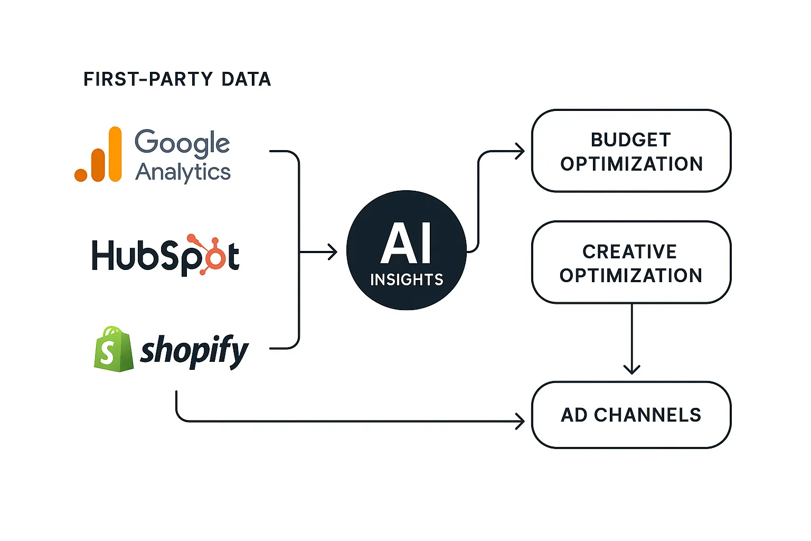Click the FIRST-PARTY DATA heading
pyautogui.click(x=177, y=79)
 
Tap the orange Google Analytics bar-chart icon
pyautogui.click(x=99, y=155)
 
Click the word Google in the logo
pyautogui.click(x=182, y=143)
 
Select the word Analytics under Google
pyautogui.click(x=183, y=172)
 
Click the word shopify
pyautogui.click(x=194, y=350)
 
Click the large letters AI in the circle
pyautogui.click(x=406, y=244)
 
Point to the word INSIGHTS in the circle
pyautogui.click(x=407, y=279)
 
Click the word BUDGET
pyautogui.click(x=631, y=140)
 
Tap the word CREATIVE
pyautogui.click(x=629, y=251)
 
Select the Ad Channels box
pyautogui.click(x=631, y=415)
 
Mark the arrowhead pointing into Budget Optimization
pyautogui.click(x=520, y=152)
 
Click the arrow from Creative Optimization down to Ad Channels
pyautogui.click(x=631, y=338)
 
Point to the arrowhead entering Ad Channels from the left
pyautogui.click(x=520, y=421)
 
